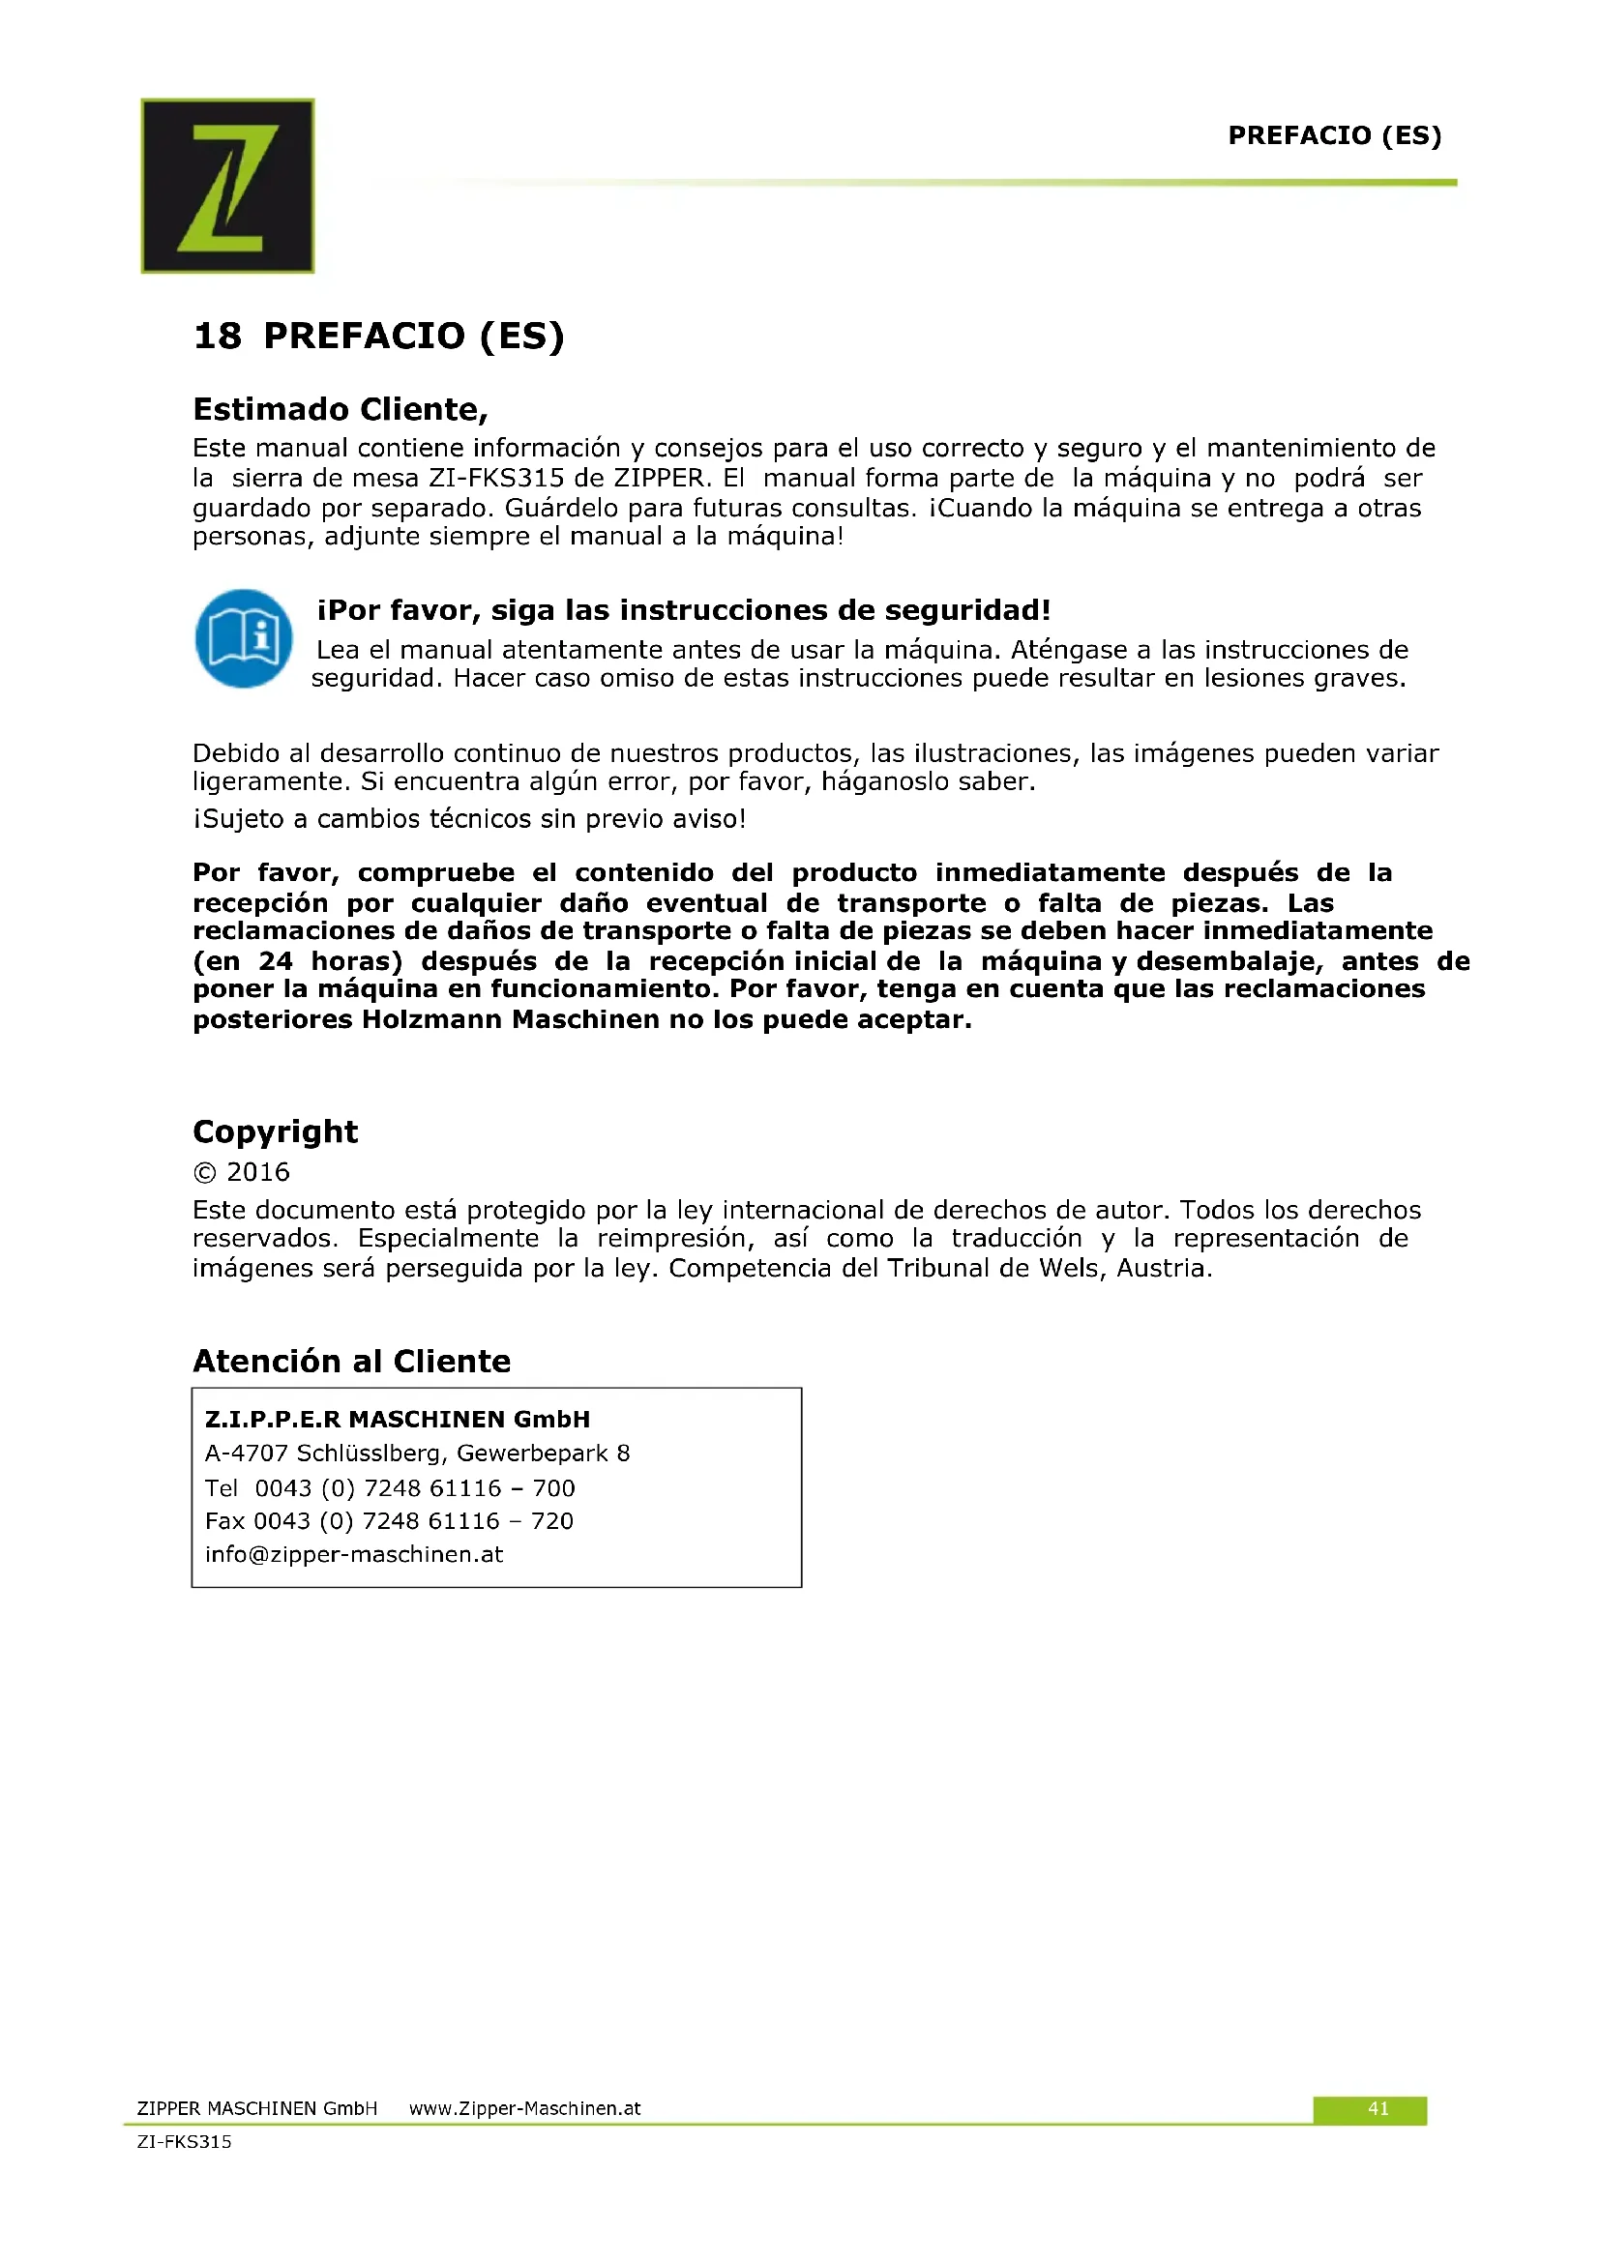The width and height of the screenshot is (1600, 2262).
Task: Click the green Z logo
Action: pyautogui.click(x=227, y=186)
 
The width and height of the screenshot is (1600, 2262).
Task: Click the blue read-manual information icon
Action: pyautogui.click(x=244, y=638)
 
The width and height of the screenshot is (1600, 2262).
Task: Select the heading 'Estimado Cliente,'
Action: pyautogui.click(x=340, y=409)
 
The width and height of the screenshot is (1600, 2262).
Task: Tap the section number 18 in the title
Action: pyautogui.click(x=217, y=336)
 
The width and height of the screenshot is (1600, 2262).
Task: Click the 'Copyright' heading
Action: pyautogui.click(x=275, y=1131)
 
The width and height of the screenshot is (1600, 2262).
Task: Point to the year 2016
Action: pyautogui.click(x=257, y=1171)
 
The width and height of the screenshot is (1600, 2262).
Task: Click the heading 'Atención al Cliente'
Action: pyautogui.click(x=352, y=1361)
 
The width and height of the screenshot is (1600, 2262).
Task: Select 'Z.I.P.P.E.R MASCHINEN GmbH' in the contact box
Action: pyautogui.click(x=397, y=1419)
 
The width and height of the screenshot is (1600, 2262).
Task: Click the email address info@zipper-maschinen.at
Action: pyautogui.click(x=354, y=1554)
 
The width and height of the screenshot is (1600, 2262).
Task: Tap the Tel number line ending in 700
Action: pyautogui.click(x=389, y=1487)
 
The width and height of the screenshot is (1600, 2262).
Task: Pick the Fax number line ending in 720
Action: pyautogui.click(x=388, y=1520)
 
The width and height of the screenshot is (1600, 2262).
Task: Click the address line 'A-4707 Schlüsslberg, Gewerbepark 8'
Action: pyautogui.click(x=417, y=1454)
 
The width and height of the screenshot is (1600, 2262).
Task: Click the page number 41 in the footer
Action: pyautogui.click(x=1378, y=2108)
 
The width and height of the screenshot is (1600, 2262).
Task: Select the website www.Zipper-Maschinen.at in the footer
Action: pyautogui.click(x=524, y=2108)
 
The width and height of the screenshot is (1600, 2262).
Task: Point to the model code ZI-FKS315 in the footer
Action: pyautogui.click(x=184, y=2141)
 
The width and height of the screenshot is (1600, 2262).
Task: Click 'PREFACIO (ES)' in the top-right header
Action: pyautogui.click(x=1334, y=135)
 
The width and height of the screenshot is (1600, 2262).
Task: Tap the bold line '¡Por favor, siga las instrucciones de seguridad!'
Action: pyautogui.click(x=684, y=610)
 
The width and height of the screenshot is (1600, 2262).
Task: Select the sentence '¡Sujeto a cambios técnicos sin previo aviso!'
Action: pyautogui.click(x=469, y=819)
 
